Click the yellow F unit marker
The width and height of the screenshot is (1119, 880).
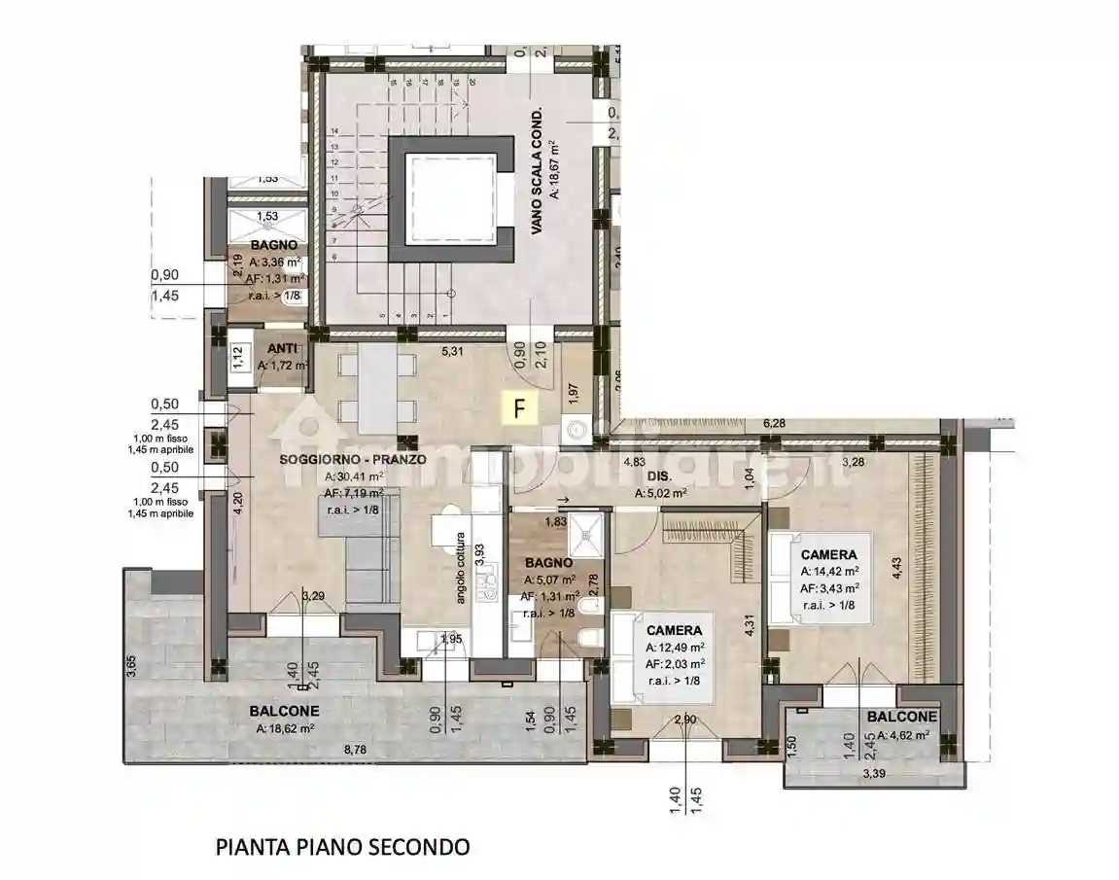click(x=520, y=407)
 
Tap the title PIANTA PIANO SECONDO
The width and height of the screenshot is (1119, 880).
click(x=342, y=846)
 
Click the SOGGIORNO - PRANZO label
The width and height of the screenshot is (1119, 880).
click(x=352, y=460)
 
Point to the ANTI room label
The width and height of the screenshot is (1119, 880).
click(x=283, y=349)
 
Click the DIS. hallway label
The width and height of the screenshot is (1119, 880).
click(x=660, y=476)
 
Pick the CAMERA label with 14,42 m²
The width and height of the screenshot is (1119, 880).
click(x=828, y=555)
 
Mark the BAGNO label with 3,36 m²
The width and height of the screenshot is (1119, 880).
click(x=273, y=246)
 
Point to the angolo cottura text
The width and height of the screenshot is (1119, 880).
click(x=461, y=568)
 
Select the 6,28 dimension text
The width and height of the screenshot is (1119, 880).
click(x=774, y=423)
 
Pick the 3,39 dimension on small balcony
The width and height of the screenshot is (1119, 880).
click(x=873, y=775)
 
